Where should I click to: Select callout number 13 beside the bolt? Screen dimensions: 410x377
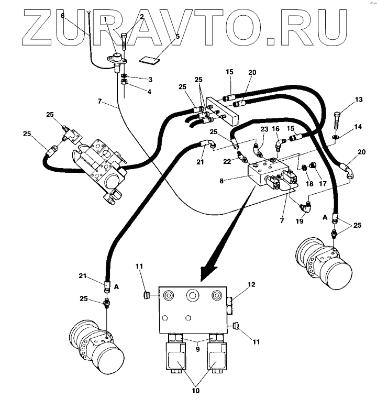coord(344,99)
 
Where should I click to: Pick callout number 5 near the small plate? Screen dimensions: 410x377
coord(177,37)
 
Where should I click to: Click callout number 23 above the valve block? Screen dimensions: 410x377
coord(264,129)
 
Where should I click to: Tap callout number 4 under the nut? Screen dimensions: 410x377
coord(135,92)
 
